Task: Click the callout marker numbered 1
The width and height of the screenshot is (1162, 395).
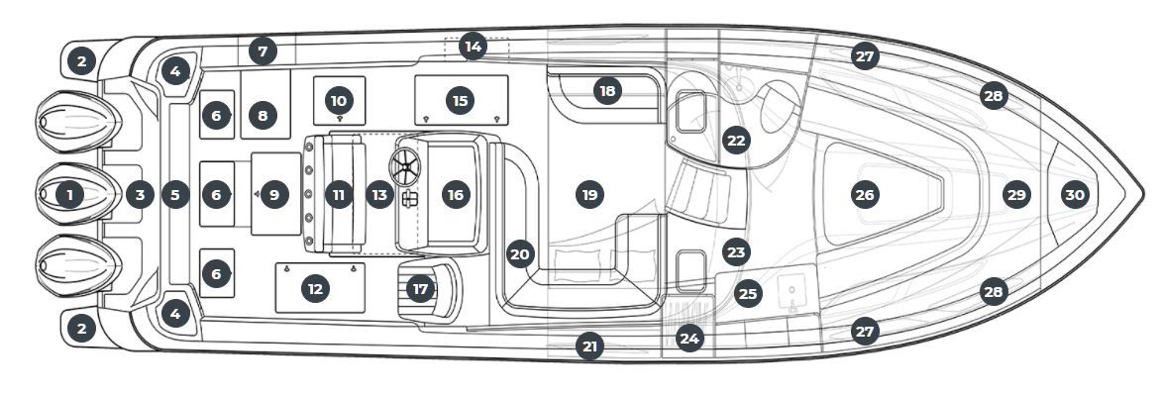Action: click(x=69, y=195)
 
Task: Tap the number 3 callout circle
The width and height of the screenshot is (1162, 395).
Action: click(x=140, y=195)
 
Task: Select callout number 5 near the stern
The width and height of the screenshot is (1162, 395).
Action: click(x=175, y=195)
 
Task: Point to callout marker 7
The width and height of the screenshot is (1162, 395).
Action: click(x=262, y=50)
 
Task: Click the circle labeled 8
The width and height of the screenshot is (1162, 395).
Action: click(x=262, y=116)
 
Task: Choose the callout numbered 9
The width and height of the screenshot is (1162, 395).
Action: click(x=273, y=195)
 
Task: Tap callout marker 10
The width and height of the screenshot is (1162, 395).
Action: click(x=339, y=100)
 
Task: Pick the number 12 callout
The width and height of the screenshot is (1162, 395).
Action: click(x=315, y=289)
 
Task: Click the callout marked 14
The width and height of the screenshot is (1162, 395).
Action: click(x=474, y=46)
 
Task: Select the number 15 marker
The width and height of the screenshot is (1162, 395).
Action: click(x=460, y=100)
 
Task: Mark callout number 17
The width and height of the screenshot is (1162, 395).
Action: click(x=421, y=289)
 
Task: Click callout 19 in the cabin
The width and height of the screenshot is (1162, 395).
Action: click(x=589, y=195)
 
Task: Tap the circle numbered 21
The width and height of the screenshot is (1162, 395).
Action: click(x=590, y=346)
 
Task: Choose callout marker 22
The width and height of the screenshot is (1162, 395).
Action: click(x=735, y=140)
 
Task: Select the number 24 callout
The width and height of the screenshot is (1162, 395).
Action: click(x=689, y=338)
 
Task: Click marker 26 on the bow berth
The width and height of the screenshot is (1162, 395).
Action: click(x=864, y=195)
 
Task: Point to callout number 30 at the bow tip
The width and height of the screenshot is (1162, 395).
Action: click(x=1075, y=195)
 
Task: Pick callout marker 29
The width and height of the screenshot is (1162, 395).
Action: click(x=1016, y=195)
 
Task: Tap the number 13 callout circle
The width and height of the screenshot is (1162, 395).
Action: click(x=379, y=195)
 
